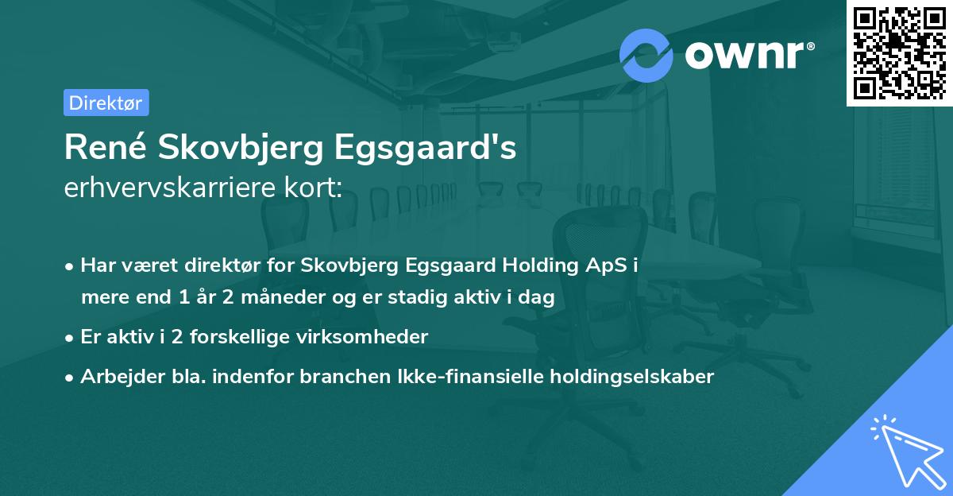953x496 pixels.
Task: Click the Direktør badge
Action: coord(106,103)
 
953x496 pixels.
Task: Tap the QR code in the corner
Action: coord(900,52)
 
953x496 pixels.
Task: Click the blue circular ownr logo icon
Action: coord(646,55)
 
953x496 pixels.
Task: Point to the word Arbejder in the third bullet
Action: coord(116,377)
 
